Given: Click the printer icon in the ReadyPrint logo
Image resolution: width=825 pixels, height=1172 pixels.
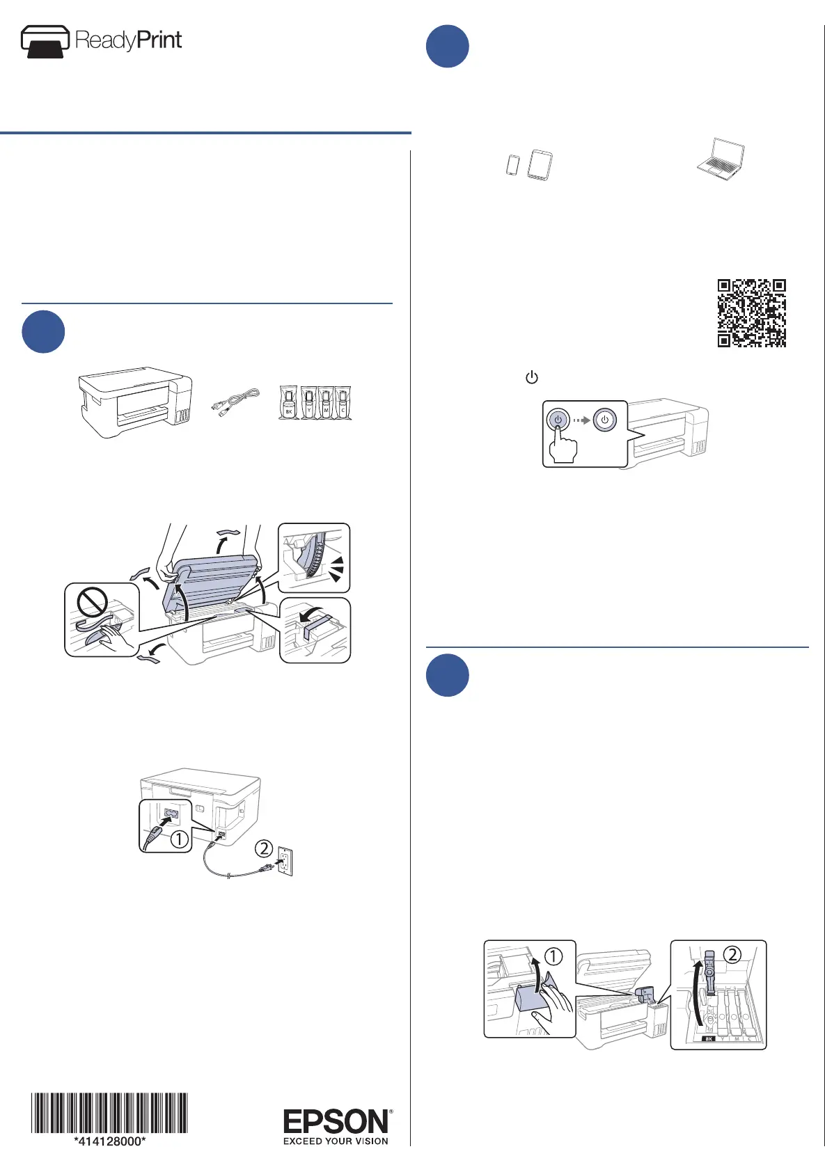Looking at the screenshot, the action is coord(45,41).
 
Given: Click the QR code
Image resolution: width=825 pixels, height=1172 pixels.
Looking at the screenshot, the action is coord(751,313).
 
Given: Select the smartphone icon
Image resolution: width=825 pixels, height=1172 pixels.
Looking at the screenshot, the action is coord(513,165).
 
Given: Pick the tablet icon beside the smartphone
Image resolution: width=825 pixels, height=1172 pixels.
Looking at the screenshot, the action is coord(540,166).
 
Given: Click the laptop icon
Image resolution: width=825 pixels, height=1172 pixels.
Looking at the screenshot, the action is coord(721,159).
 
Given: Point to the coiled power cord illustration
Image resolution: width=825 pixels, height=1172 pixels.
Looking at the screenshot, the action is coord(235,402).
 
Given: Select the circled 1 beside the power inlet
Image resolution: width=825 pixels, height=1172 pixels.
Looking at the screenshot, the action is coord(179,839).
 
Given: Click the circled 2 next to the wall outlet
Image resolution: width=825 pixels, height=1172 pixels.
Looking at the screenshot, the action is coord(264,848).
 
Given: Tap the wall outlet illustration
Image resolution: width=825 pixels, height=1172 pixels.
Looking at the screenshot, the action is coord(285,861).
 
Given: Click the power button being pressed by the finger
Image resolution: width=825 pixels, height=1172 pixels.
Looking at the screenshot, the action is coord(558,420).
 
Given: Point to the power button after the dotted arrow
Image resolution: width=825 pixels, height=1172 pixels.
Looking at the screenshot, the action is coord(604,420).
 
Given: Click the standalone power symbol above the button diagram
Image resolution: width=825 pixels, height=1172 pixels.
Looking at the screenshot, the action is coord(532,377).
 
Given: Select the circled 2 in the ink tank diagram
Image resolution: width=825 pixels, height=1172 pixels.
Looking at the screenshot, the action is coord(732,955).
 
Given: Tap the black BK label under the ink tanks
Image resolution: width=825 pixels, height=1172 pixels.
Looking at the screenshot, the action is coord(709,1038).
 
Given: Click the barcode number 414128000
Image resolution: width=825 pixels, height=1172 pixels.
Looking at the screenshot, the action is coord(110,1141).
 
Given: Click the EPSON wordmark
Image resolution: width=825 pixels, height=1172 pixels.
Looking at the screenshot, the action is coord(336,1121).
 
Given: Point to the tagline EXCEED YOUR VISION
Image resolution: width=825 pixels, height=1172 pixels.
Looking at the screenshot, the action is coord(336,1141).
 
